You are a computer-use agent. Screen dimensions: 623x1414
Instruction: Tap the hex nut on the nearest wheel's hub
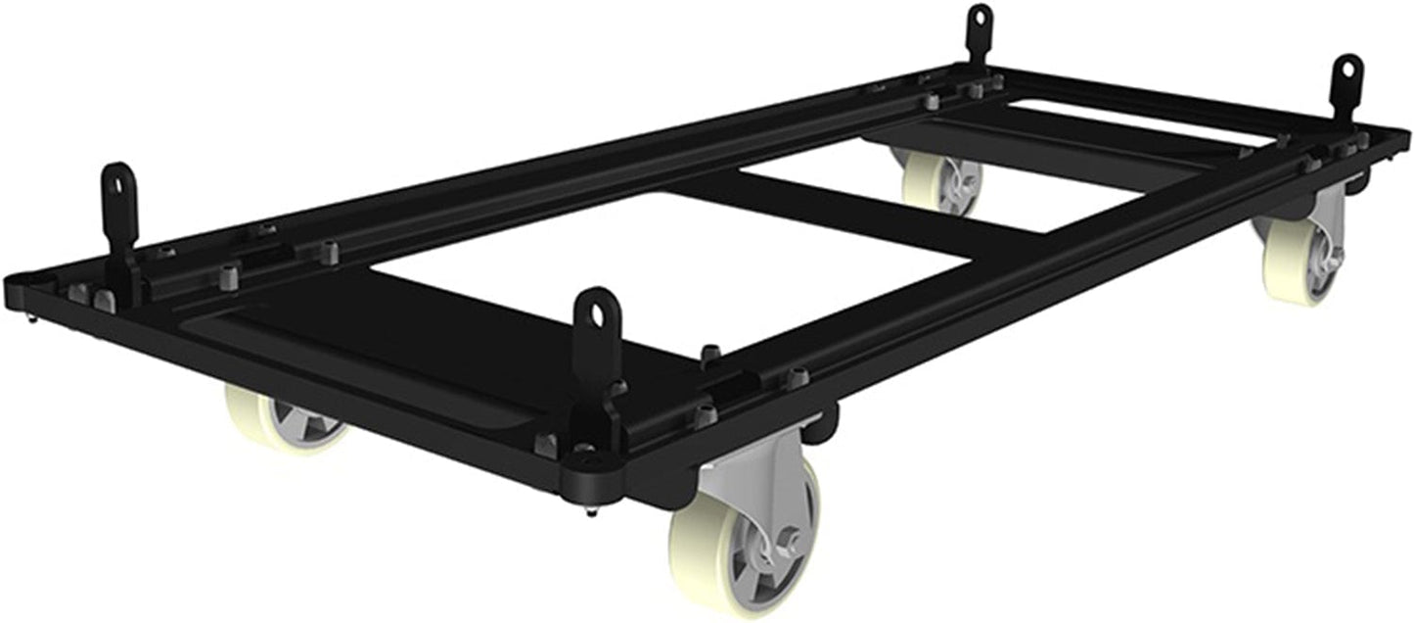(x=789, y=540)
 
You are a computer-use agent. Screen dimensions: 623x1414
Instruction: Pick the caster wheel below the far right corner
(x=1300, y=260)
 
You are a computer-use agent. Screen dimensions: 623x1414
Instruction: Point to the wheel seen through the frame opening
(x=939, y=181)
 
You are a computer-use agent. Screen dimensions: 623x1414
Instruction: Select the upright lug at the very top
(x=980, y=29)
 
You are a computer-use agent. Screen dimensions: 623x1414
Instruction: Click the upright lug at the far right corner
(x=1346, y=83)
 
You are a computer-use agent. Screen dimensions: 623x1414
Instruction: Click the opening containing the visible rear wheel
(x=939, y=186)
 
